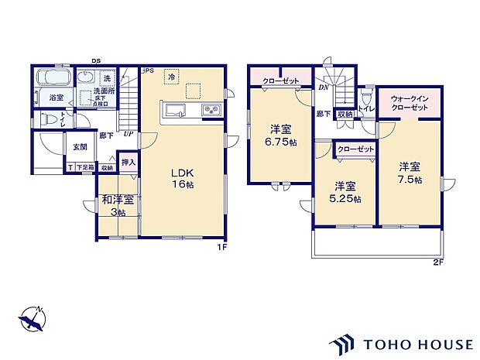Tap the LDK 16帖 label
(x=183, y=177)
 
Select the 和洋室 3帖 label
(x=118, y=206)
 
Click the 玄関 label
(x=80, y=146)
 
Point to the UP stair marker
(x=127, y=134)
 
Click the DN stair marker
(x=322, y=87)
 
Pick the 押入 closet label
(x=129, y=163)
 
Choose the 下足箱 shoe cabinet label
(x=85, y=167)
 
